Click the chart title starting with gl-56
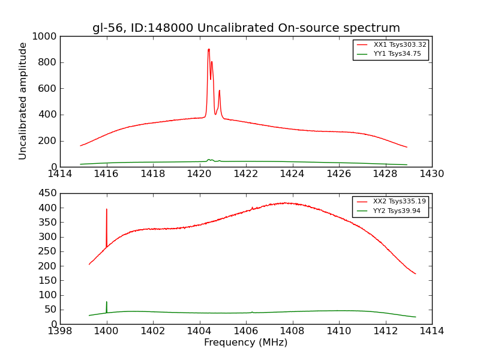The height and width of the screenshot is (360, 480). pyautogui.click(x=246, y=28)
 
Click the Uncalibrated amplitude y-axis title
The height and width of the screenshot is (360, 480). pyautogui.click(x=23, y=101)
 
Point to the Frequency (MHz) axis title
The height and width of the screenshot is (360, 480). pyautogui.click(x=245, y=343)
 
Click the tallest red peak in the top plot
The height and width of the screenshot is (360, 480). pyautogui.click(x=209, y=50)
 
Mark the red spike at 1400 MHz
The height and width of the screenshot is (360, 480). pyautogui.click(x=107, y=210)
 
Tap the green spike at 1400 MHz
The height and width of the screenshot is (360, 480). pyautogui.click(x=107, y=302)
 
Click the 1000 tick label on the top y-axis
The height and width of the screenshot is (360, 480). pyautogui.click(x=46, y=37)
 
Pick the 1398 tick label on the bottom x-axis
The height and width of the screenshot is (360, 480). pyautogui.click(x=60, y=331)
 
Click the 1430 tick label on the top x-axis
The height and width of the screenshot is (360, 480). pyautogui.click(x=431, y=174)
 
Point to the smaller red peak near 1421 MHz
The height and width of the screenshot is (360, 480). pyautogui.click(x=220, y=91)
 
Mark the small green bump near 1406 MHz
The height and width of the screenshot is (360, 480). pyautogui.click(x=252, y=311)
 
